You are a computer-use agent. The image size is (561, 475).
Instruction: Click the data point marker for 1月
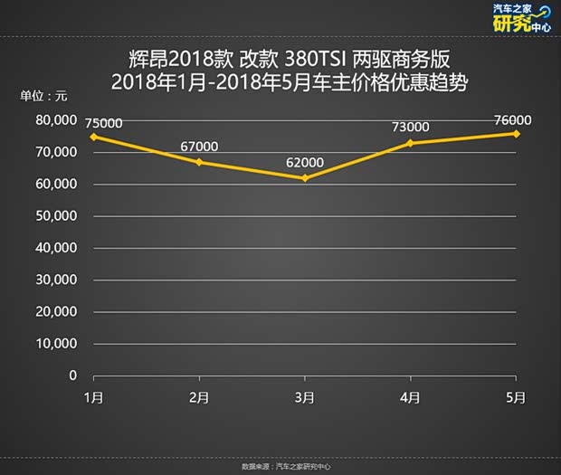[x=92, y=137]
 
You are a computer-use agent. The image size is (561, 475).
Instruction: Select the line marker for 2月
[x=199, y=162]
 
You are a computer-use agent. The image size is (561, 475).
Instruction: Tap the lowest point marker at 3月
[x=305, y=178]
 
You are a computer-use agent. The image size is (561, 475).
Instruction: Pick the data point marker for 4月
[x=411, y=143]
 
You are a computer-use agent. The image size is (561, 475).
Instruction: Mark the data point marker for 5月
[x=517, y=133]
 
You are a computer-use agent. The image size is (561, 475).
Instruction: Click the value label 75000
[x=103, y=123]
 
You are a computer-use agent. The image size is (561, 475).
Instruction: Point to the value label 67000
[x=200, y=147]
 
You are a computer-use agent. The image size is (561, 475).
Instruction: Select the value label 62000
[x=305, y=164]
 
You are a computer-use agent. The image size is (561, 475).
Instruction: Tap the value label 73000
[x=411, y=128]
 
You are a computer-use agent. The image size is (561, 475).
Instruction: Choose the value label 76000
[x=513, y=120]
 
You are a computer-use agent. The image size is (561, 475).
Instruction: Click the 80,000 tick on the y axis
[x=52, y=119]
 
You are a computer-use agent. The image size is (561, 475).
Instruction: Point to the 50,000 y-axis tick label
[x=52, y=215]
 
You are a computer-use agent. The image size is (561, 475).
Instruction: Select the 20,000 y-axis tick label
[x=52, y=311]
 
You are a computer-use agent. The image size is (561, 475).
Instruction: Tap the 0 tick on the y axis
[x=72, y=375]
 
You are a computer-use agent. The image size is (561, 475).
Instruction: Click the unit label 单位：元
[x=43, y=96]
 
